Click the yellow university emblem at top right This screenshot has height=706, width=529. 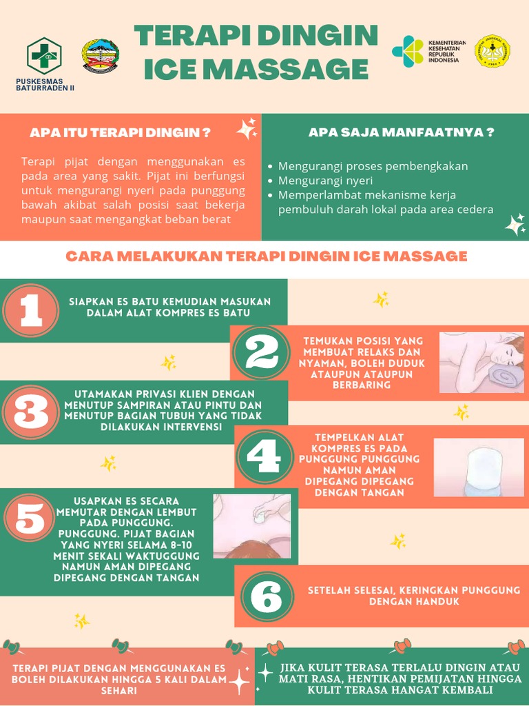pos(492,52)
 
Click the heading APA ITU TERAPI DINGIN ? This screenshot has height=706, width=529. pos(120,132)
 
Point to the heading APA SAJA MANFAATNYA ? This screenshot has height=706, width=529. pos(401,132)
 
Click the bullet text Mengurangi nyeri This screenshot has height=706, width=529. pos(325,181)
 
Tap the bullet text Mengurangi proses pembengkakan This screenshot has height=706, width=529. pos(373,166)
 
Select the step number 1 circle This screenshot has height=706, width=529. pos(30,311)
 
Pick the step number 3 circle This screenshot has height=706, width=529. pos(30,412)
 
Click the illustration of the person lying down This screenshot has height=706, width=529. pos(481,363)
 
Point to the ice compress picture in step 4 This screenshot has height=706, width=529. pos(478,467)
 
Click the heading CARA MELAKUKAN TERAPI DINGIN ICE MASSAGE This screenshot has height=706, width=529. pos(266,256)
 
